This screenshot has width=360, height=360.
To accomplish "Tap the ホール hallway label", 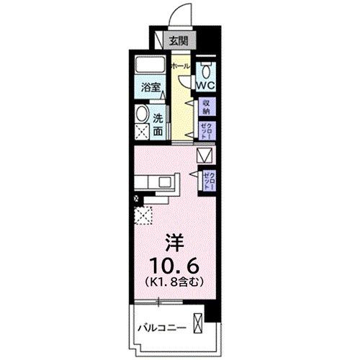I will [181, 66].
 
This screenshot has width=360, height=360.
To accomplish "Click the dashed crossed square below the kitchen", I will [141, 215].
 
